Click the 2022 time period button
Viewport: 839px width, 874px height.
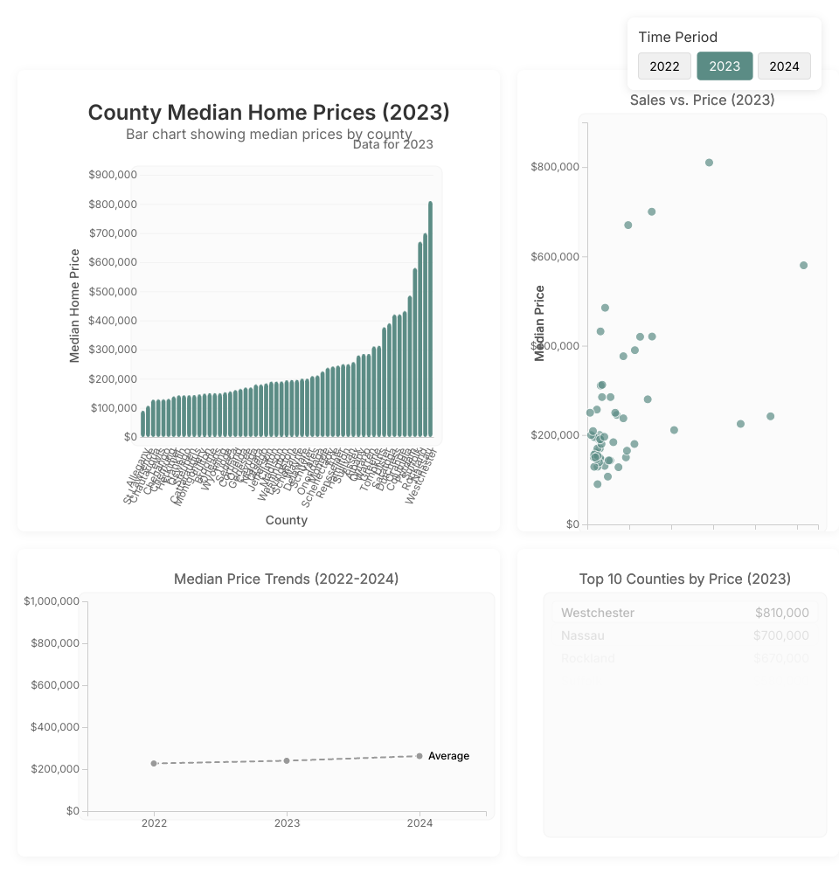tap(664, 66)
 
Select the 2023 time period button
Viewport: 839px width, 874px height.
tap(725, 66)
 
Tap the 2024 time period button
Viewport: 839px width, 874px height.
tap(784, 66)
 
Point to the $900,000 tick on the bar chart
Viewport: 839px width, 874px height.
tap(113, 175)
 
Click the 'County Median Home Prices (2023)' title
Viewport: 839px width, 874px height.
tap(269, 113)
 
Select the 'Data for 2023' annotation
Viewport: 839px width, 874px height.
tap(393, 145)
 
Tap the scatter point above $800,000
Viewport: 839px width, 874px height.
tap(709, 163)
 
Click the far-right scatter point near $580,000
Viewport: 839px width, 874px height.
tap(803, 265)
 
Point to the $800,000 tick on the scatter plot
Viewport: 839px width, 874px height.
tap(556, 167)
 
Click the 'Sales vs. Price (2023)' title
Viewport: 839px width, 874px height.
tap(702, 100)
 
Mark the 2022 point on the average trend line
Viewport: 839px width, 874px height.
tap(154, 763)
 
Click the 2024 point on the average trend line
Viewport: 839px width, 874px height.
tap(419, 756)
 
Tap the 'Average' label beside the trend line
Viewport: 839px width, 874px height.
tap(448, 756)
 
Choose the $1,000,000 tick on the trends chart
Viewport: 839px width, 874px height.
tap(52, 601)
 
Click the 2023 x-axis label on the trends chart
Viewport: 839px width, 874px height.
tap(287, 823)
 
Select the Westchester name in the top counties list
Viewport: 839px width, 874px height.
tap(598, 613)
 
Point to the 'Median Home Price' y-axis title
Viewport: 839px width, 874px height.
tap(75, 306)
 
